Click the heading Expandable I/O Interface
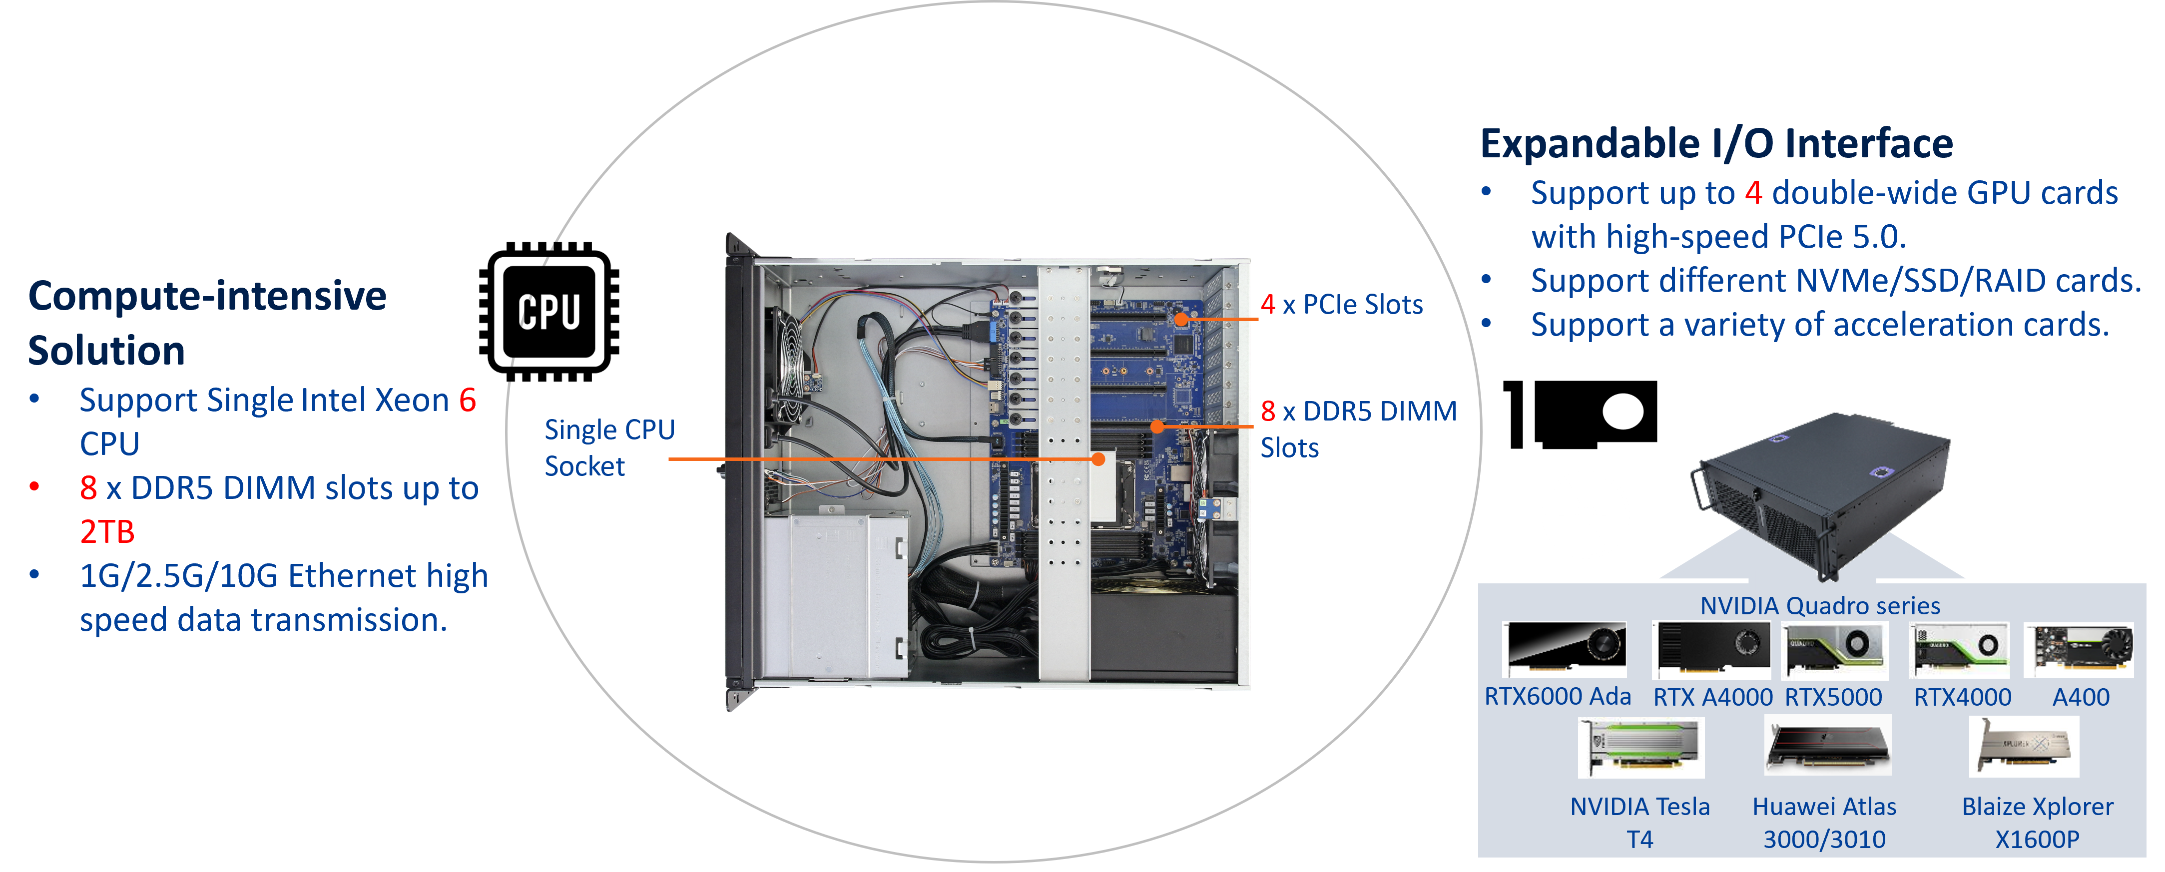tap(1716, 144)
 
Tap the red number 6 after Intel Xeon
tap(467, 401)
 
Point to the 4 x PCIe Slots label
tap(1342, 305)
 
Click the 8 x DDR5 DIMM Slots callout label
tap(1357, 429)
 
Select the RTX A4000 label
tap(1712, 697)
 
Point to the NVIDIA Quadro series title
tap(1820, 606)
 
